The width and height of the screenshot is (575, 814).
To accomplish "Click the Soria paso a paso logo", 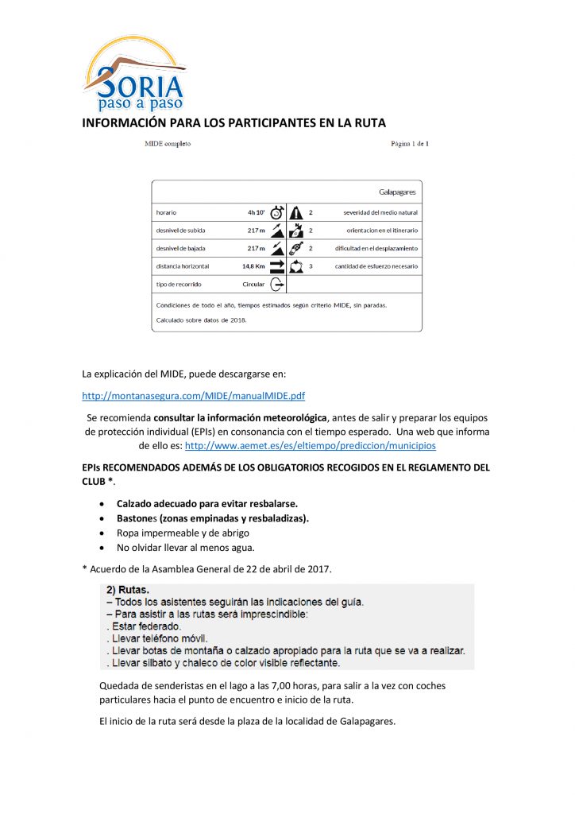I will [133, 76].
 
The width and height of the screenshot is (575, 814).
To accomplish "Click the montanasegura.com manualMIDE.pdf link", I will [194, 395].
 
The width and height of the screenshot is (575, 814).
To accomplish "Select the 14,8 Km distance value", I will [253, 266].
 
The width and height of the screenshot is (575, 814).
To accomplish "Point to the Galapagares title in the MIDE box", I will [397, 192].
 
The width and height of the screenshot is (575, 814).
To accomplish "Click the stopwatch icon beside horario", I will [276, 212].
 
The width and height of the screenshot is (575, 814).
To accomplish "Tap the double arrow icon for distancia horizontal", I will [276, 266].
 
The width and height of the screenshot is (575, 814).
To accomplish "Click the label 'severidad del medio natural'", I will [380, 212].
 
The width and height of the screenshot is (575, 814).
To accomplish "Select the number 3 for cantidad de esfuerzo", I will [311, 266].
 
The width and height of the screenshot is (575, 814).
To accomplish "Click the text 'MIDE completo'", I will [167, 144].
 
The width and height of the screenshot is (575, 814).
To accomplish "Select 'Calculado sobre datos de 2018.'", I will [201, 320].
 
